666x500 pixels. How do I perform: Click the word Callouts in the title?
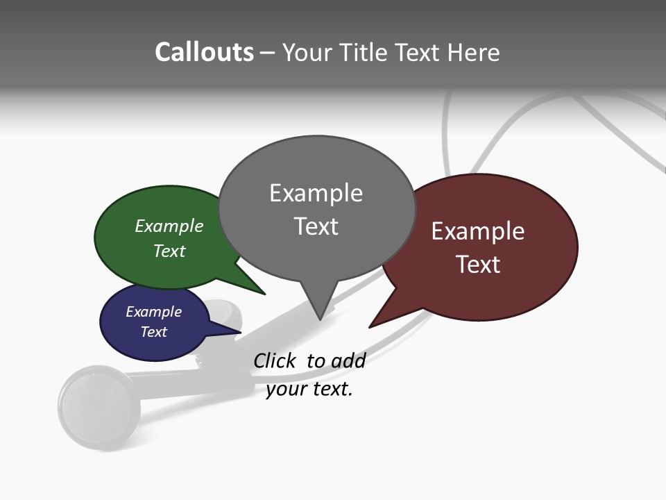[205, 52]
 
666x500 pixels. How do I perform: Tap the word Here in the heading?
[473, 52]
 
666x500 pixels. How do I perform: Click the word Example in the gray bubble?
[316, 193]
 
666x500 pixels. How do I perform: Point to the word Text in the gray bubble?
[316, 226]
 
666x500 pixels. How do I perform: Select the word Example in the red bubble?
[478, 231]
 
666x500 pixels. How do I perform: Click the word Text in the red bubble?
[478, 265]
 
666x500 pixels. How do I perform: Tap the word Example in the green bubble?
[169, 226]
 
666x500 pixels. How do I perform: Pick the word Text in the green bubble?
[169, 251]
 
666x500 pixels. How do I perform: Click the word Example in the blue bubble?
[153, 312]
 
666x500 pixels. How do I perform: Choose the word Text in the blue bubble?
[153, 332]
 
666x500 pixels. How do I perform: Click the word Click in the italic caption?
[275, 360]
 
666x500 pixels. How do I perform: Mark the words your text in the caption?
[309, 389]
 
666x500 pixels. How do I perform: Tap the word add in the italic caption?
[348, 360]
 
